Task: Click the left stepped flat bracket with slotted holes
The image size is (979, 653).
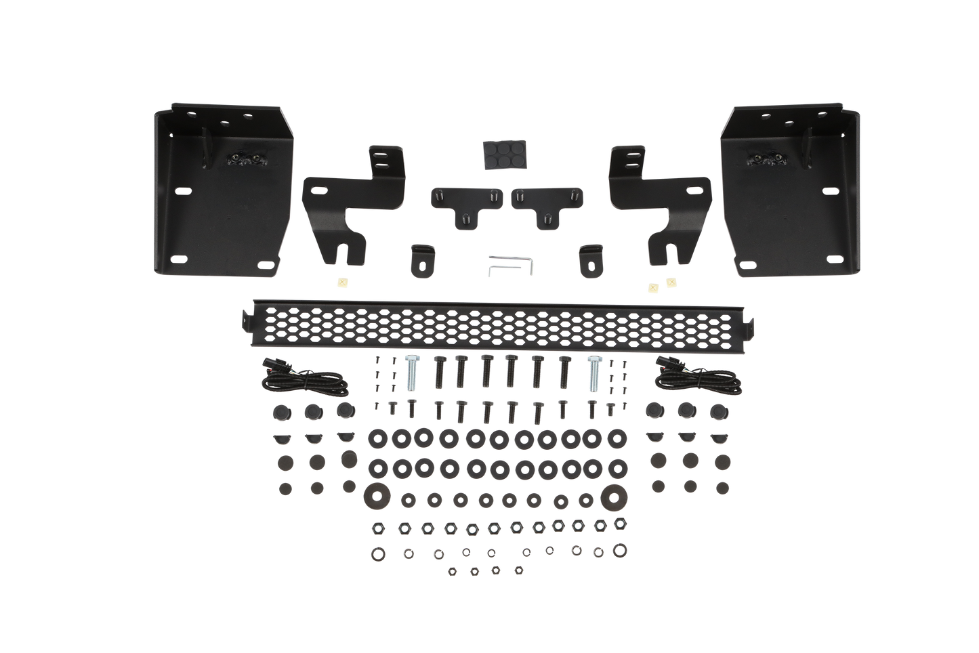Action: pyautogui.click(x=342, y=203)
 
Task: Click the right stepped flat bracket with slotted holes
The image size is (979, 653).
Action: pyautogui.click(x=661, y=203)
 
